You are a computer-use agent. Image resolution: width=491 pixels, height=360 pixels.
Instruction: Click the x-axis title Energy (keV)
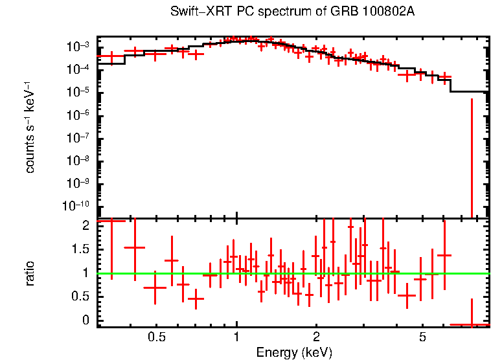pos(294,352)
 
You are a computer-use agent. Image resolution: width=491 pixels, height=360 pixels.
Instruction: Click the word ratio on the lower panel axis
pos(30,273)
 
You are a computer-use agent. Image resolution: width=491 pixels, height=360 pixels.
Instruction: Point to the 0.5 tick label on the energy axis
pos(156,337)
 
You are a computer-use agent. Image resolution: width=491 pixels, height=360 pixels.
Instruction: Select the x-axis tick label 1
pos(236,337)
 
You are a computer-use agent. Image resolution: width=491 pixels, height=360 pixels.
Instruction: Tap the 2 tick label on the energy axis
pos(316,337)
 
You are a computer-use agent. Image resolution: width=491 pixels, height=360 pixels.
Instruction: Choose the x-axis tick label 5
pos(422,337)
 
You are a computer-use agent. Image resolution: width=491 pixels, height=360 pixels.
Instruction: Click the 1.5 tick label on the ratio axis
pos(81,249)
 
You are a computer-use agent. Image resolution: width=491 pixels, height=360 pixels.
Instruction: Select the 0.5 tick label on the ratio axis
pos(81,297)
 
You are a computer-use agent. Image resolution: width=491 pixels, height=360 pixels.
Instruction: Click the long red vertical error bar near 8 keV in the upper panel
pos(472,155)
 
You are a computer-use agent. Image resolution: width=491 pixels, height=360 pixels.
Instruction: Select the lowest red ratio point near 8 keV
pos(470,324)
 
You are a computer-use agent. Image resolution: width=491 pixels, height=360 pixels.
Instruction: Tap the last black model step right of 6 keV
pos(469,91)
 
